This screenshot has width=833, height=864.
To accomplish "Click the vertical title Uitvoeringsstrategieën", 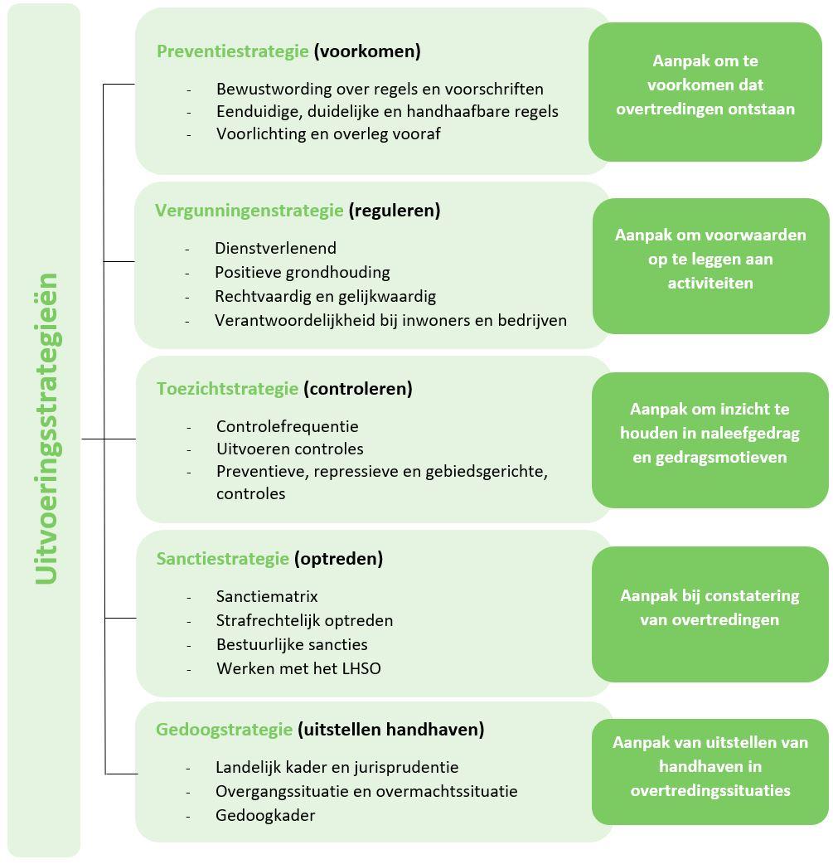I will [x=46, y=428].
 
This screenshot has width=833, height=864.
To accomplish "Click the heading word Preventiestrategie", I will [x=232, y=51].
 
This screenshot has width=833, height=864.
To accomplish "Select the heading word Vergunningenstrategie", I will [x=249, y=211].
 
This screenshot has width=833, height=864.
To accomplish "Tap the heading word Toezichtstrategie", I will [x=227, y=389].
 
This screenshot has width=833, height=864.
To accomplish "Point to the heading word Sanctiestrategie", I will [x=222, y=559].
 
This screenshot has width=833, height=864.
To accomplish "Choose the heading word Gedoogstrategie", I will [x=224, y=730].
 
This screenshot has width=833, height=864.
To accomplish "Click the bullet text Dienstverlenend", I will [x=275, y=248].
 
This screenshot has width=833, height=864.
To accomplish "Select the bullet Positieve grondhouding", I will [x=302, y=272].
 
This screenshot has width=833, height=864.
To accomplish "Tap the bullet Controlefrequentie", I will [x=287, y=426].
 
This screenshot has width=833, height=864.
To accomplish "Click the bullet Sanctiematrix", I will [x=267, y=596].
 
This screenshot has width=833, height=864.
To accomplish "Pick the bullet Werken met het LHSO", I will [x=298, y=668].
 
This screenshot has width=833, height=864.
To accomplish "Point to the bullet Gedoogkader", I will [x=265, y=815].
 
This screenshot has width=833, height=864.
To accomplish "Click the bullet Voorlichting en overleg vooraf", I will [x=328, y=133].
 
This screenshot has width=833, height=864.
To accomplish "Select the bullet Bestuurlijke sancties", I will [x=292, y=644].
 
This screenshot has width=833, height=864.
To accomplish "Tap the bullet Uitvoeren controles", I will [x=289, y=449].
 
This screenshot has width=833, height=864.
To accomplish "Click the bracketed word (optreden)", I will [x=338, y=559].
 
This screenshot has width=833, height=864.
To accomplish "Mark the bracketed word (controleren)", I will [x=357, y=389].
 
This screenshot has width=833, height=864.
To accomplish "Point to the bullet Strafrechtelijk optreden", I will [x=304, y=620].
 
